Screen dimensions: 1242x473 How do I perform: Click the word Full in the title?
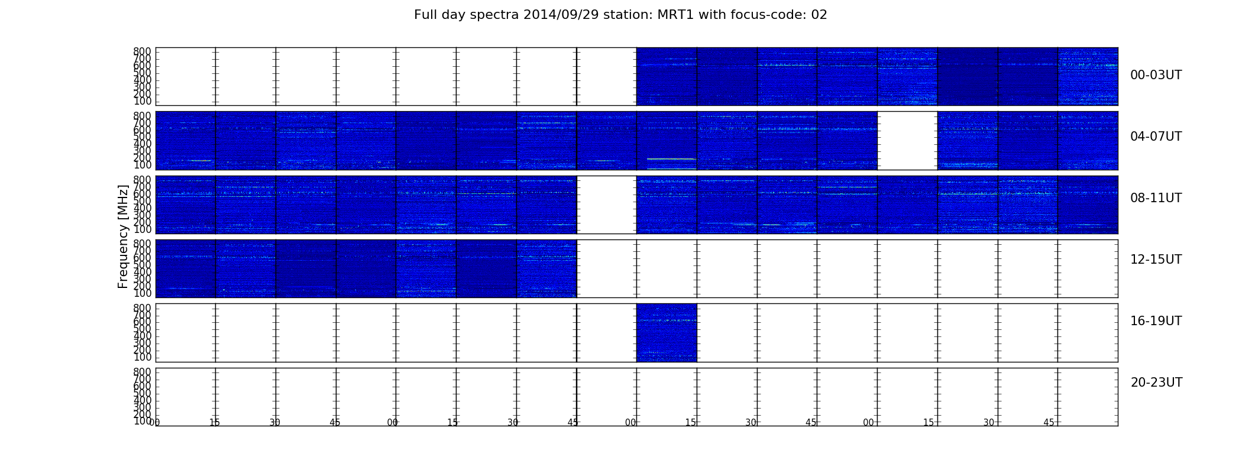point(425,15)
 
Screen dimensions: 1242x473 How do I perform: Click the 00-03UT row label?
point(1156,75)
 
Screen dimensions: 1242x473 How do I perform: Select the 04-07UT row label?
point(1156,137)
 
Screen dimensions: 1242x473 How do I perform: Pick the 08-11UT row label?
point(1156,198)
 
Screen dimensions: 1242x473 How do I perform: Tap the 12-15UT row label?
point(1156,260)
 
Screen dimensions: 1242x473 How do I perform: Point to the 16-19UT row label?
point(1156,321)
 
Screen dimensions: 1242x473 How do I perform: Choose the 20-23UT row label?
point(1156,383)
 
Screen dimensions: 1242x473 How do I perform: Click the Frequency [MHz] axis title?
point(123,237)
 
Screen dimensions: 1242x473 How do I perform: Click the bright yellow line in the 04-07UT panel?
point(671,158)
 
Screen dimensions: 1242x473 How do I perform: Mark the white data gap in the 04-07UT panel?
point(907,141)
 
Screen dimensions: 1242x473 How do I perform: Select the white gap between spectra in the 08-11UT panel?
point(606,205)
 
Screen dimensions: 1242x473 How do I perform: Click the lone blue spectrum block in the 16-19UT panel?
point(667,332)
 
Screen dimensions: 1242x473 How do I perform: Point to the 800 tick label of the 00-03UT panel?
point(143,51)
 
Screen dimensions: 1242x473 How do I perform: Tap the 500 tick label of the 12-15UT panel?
point(143,265)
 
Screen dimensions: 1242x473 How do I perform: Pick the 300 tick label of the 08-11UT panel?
point(143,215)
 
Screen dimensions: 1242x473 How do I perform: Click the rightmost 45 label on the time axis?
point(1049,423)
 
